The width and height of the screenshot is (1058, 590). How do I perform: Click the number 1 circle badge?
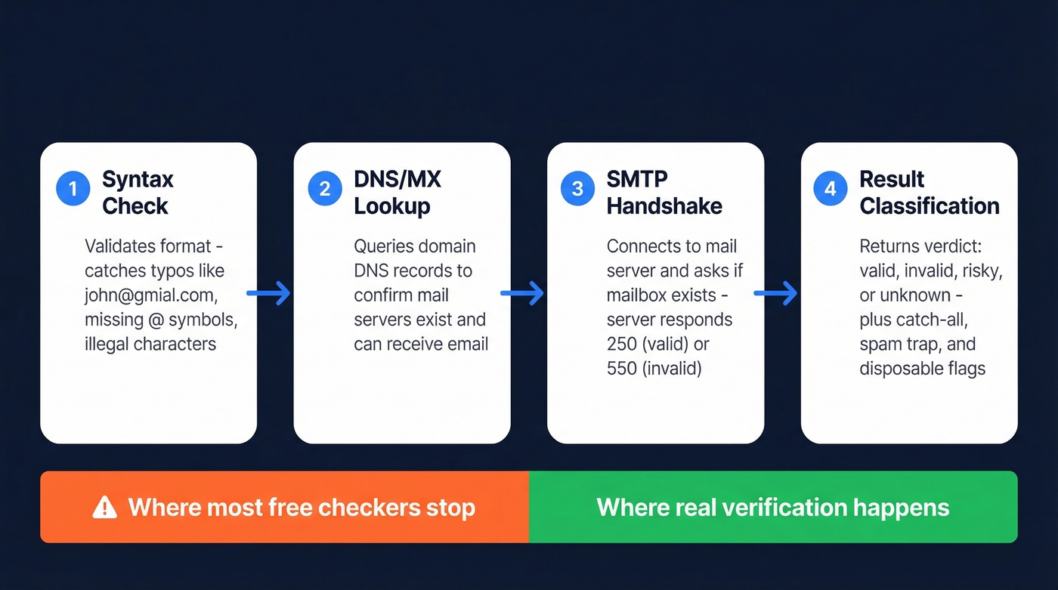(73, 189)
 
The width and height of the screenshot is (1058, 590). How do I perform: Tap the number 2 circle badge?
(325, 189)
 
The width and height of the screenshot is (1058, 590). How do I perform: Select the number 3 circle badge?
(577, 189)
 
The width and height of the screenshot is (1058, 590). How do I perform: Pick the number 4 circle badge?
(830, 189)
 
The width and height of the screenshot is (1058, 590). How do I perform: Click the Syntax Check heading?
(137, 193)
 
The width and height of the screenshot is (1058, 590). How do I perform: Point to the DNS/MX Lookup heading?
(397, 193)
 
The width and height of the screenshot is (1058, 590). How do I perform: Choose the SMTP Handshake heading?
(664, 193)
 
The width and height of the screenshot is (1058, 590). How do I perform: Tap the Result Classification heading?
(929, 193)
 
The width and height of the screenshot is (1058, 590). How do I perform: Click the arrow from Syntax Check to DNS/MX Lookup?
(269, 293)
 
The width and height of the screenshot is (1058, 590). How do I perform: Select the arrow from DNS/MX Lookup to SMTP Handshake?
(522, 293)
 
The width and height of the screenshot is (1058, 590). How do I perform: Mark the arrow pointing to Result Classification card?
(776, 293)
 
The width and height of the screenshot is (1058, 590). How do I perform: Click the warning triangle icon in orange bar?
(104, 508)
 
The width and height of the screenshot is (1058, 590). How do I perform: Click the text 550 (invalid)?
(654, 369)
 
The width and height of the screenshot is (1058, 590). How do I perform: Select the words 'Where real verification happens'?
(772, 507)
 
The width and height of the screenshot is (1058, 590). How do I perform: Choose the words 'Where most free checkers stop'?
(302, 507)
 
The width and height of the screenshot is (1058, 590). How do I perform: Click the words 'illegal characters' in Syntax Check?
(150, 344)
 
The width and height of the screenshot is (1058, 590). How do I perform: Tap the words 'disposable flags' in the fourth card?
(922, 369)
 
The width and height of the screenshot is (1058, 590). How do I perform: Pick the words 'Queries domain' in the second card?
(414, 246)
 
